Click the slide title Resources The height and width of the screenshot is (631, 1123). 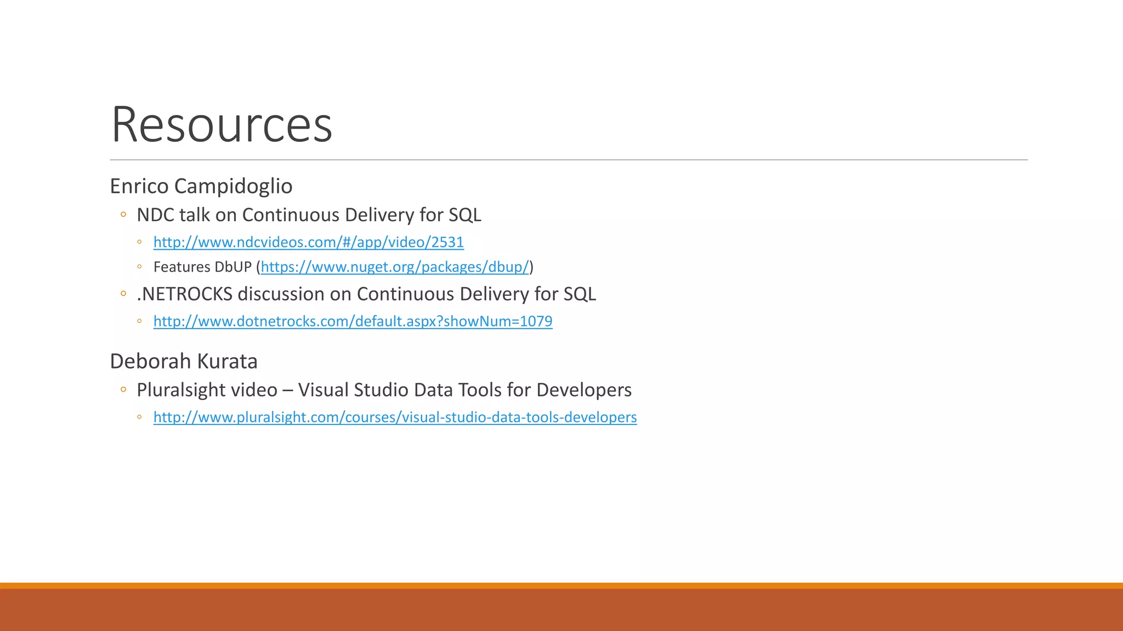tap(222, 125)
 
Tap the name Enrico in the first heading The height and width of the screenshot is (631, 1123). tap(139, 186)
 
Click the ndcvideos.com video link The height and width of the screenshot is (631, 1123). tap(308, 242)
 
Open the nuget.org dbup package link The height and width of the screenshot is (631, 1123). tap(395, 267)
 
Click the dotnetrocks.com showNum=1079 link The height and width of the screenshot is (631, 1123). tap(353, 321)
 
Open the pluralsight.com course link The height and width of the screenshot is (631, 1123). tap(395, 417)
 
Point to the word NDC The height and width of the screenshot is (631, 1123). tap(156, 215)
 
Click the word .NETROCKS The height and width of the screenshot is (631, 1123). tap(185, 294)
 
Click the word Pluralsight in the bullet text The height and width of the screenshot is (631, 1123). tap(175, 391)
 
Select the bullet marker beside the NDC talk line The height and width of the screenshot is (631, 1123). tap(123, 215)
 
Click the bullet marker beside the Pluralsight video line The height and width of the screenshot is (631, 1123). tap(123, 390)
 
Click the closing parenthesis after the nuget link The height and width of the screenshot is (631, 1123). tap(531, 267)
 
